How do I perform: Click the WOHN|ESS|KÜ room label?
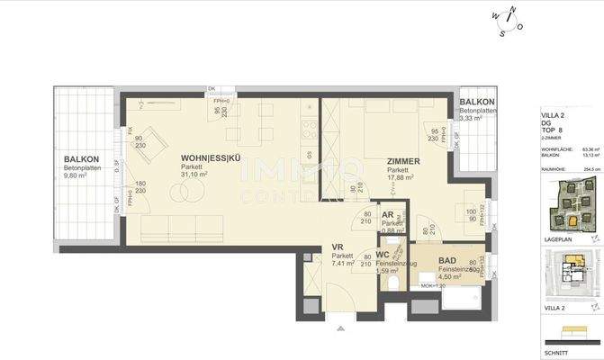coord(211,158)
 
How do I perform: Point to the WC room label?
coord(383,254)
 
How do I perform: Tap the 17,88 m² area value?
coord(400,177)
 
